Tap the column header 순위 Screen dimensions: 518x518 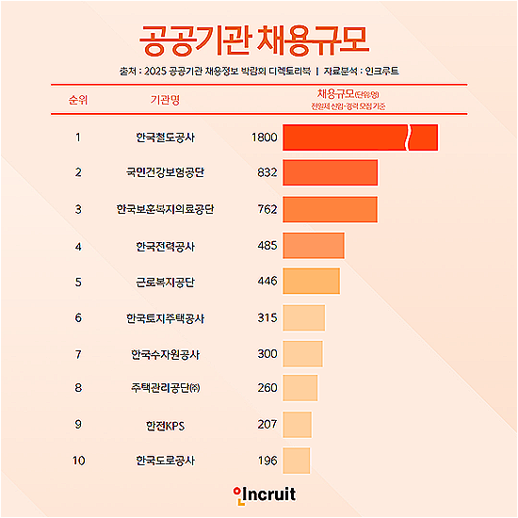(x=78, y=99)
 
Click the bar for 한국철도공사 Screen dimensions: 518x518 (x=360, y=138)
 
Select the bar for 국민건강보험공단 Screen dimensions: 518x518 (x=330, y=172)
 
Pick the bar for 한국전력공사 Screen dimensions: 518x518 (x=313, y=246)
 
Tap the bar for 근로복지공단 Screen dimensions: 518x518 (x=311, y=282)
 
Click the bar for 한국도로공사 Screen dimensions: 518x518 (x=296, y=460)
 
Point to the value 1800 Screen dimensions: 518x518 (x=265, y=138)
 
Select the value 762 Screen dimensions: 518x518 (x=267, y=209)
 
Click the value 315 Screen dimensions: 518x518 (x=267, y=317)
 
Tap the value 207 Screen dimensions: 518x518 (x=267, y=425)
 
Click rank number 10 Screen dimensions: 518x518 (x=78, y=461)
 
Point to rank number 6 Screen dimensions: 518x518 (x=78, y=317)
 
